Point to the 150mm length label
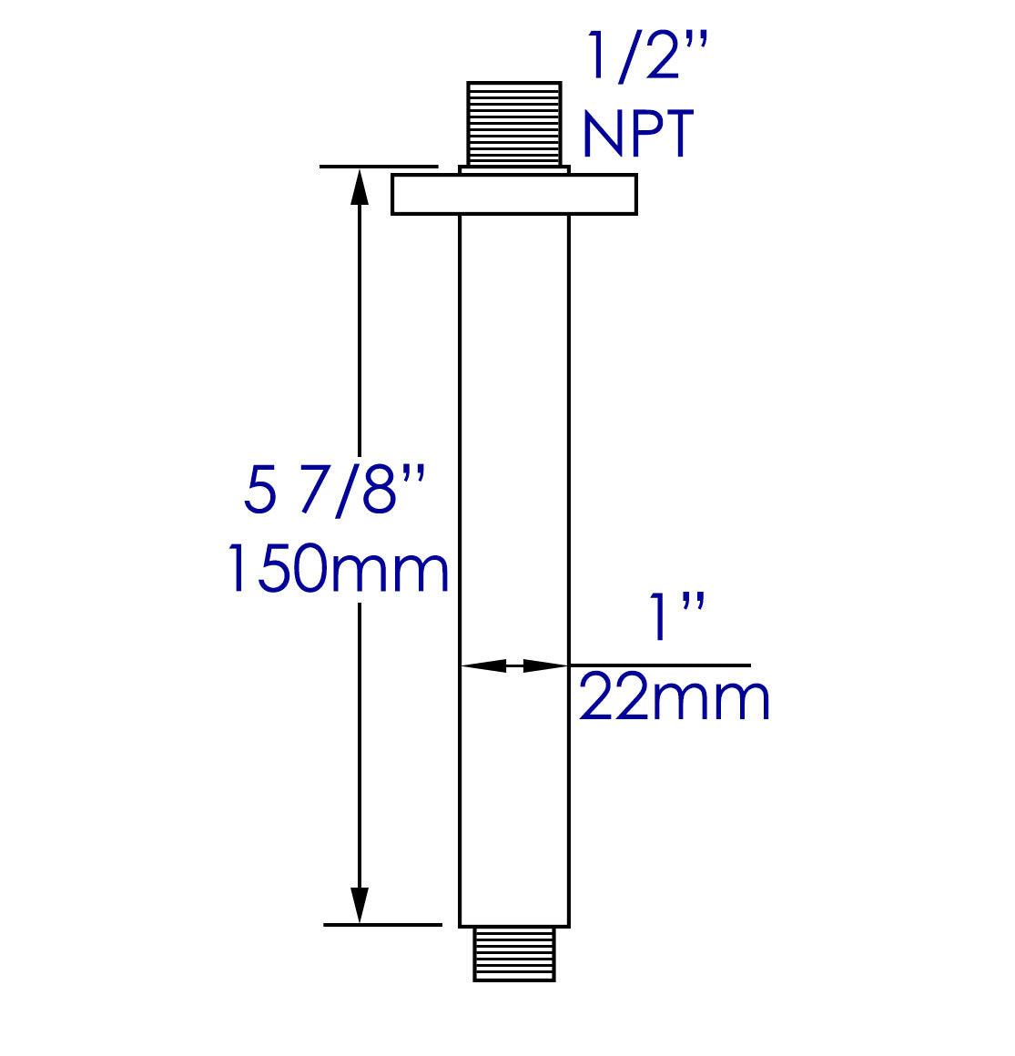point(337,569)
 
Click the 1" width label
point(675,620)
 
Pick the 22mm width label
point(675,699)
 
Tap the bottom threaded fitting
point(514,954)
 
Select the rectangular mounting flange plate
point(514,195)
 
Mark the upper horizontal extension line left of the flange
point(379,167)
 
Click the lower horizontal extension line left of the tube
point(382,925)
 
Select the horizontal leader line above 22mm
point(660,665)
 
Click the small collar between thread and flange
point(514,170)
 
